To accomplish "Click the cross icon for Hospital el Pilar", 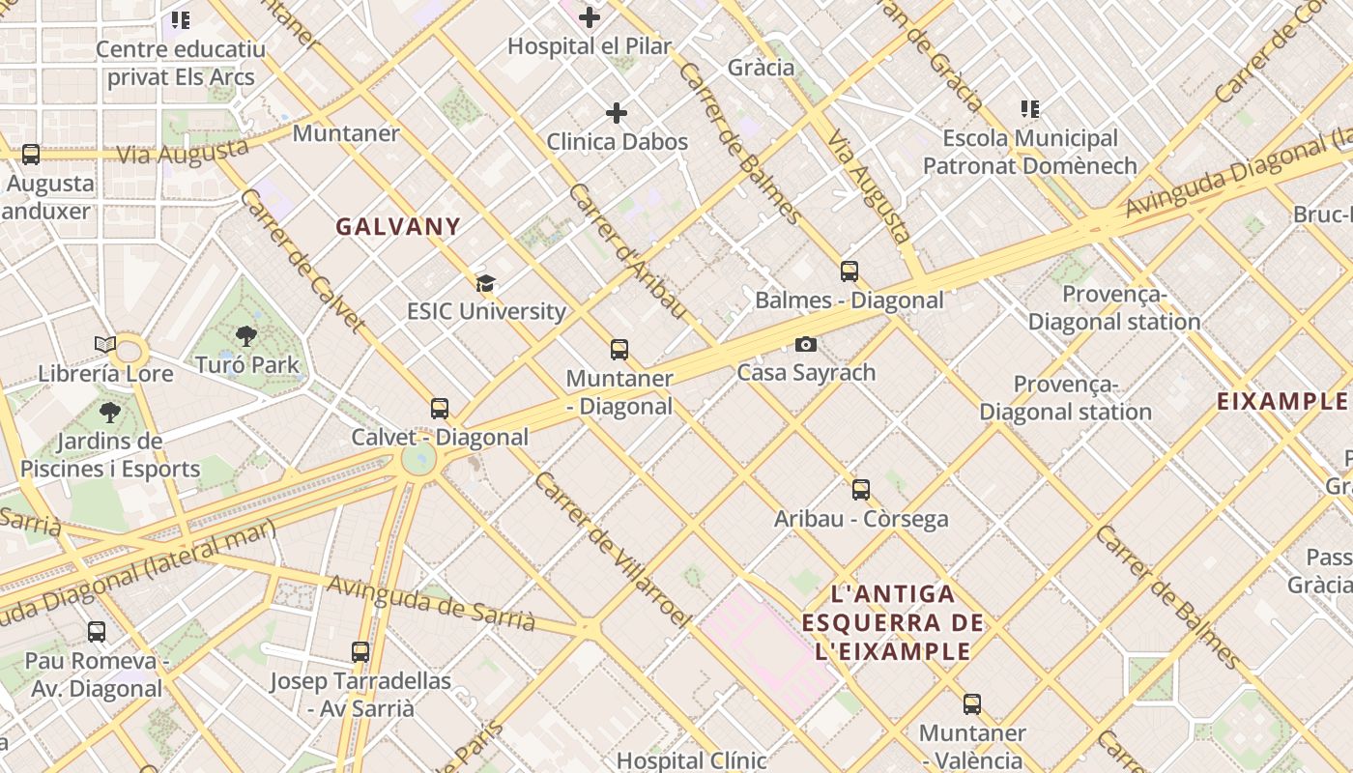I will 590,17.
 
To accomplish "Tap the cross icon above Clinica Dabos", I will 617,113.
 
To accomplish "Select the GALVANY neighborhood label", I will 398,226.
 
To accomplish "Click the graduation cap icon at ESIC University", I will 485,283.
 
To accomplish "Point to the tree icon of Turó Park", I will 246,336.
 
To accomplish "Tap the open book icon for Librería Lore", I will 105,344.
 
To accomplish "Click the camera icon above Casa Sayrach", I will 806,344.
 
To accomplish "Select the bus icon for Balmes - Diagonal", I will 849,272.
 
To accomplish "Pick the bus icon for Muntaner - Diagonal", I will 619,350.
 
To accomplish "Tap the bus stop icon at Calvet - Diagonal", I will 440,409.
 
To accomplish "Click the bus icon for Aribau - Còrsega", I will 861,490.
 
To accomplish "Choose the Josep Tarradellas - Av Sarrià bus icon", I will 360,652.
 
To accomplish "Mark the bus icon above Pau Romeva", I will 97,632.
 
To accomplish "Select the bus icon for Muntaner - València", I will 972,704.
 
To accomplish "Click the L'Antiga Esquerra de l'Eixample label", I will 893,622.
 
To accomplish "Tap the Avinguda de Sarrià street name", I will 431,602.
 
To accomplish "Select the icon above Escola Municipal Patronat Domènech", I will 1030,109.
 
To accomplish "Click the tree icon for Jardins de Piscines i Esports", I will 110,413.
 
